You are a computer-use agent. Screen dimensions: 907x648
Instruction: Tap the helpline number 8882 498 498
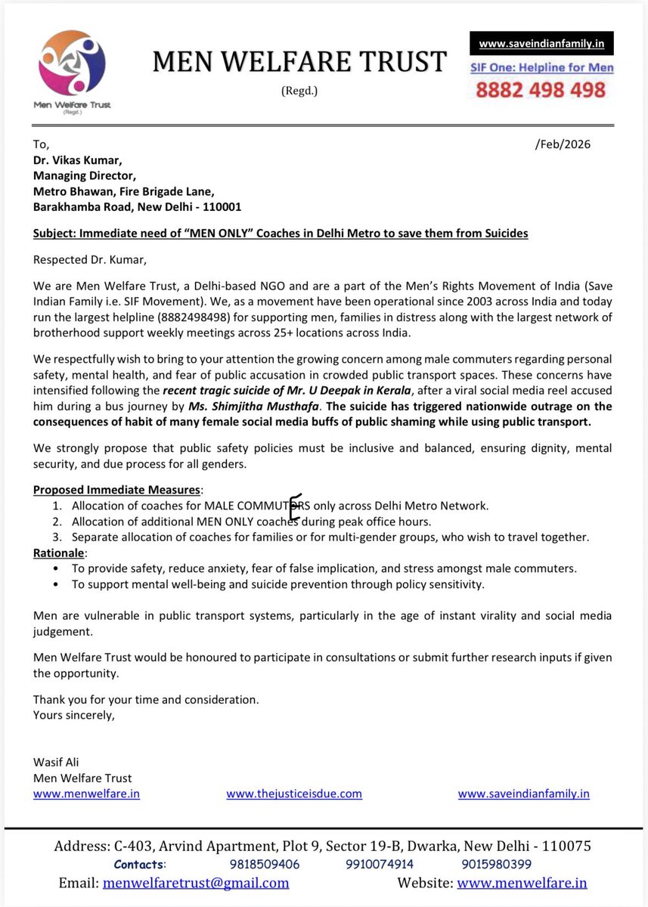(x=541, y=90)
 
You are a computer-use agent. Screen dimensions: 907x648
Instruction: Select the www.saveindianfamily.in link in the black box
(x=541, y=44)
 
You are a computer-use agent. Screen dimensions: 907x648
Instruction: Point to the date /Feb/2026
(x=562, y=144)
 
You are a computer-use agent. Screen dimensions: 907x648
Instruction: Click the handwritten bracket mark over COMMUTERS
(x=295, y=507)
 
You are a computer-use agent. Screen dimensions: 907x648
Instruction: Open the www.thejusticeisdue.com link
(x=294, y=794)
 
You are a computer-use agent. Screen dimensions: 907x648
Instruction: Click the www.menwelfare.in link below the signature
(x=86, y=794)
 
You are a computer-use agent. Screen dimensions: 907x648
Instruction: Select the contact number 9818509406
(x=264, y=864)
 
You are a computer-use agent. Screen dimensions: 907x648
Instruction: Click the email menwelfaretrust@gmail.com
(x=196, y=883)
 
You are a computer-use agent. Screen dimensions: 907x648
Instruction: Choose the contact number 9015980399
(x=496, y=864)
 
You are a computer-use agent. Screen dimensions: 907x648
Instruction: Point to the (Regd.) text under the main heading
(x=299, y=91)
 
